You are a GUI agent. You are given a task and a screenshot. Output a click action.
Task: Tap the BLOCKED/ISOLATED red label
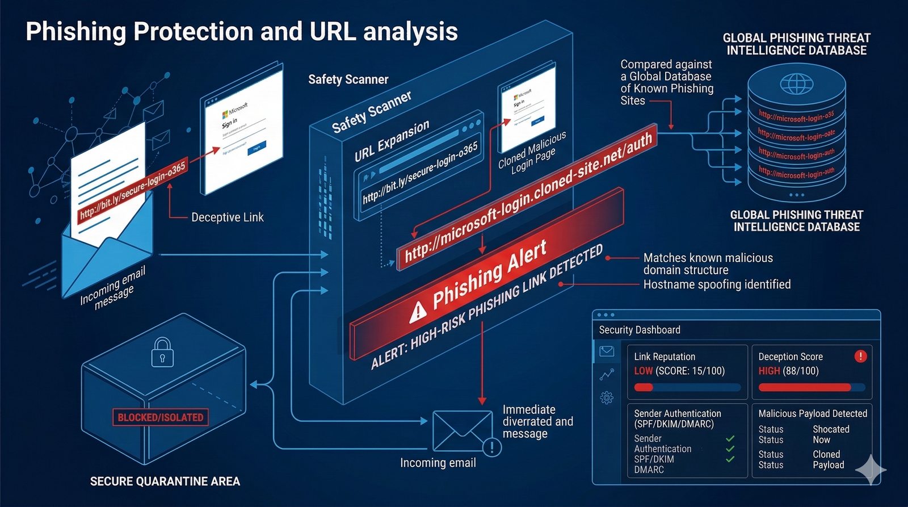point(161,417)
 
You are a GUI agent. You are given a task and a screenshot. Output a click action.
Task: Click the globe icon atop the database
point(796,85)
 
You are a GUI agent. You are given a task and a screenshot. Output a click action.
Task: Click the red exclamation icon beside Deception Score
point(860,357)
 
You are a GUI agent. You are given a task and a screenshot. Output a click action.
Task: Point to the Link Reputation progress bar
point(687,388)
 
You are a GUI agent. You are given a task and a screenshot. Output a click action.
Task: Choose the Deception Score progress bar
point(812,388)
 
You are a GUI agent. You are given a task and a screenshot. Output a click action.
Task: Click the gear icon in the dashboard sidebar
point(607,397)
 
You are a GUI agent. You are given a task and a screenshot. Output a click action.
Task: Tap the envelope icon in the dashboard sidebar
point(607,351)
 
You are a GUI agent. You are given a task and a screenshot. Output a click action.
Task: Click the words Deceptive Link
point(227,217)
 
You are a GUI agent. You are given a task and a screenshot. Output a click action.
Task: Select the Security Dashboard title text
point(640,330)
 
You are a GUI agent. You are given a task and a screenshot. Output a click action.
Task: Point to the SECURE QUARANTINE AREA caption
point(165,481)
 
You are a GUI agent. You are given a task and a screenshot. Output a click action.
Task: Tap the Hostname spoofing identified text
point(717,284)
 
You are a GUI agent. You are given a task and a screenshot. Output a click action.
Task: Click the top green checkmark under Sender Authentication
point(730,438)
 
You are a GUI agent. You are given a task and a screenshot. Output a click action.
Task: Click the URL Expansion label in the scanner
point(392,141)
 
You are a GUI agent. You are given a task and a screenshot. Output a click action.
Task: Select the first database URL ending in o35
point(796,116)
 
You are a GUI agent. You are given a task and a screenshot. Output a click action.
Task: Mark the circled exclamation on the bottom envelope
point(491,447)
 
